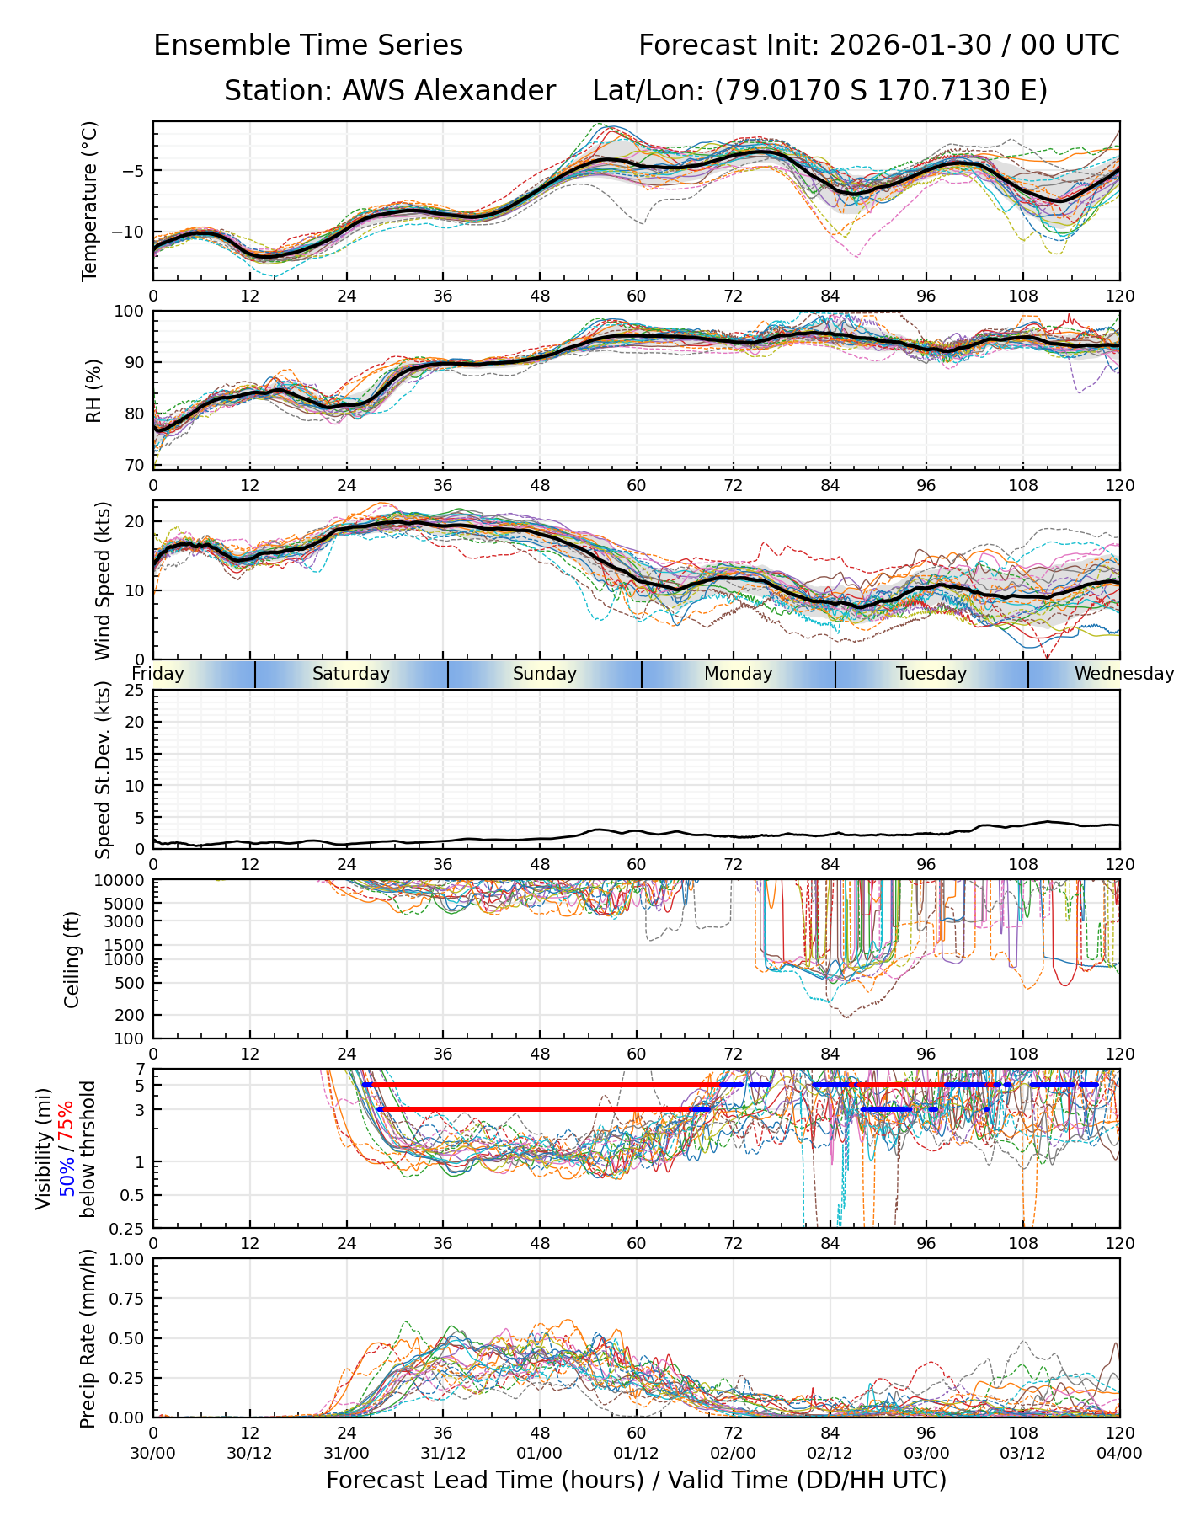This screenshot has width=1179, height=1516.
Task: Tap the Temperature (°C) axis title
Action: [x=90, y=200]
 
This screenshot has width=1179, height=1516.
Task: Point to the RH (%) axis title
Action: [x=93, y=390]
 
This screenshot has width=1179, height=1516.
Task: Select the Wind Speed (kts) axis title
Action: [x=103, y=580]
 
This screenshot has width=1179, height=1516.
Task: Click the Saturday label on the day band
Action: [x=351, y=674]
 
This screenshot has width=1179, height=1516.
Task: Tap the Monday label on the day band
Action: [x=739, y=674]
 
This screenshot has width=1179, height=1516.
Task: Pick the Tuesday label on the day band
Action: [x=931, y=674]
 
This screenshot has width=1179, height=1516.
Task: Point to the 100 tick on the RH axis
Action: [x=130, y=312]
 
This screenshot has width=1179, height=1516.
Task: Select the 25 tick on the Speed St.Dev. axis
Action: [x=135, y=691]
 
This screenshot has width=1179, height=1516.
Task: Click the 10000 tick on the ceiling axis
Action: [x=123, y=881]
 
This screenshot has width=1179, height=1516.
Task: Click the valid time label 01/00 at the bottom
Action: [x=540, y=1453]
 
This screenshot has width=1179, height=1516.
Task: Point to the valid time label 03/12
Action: [x=1023, y=1453]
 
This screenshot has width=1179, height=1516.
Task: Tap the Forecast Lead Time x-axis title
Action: [x=636, y=1480]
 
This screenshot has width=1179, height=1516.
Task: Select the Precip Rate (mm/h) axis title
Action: [x=88, y=1338]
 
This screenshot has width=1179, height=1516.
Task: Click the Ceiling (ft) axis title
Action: [x=72, y=959]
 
